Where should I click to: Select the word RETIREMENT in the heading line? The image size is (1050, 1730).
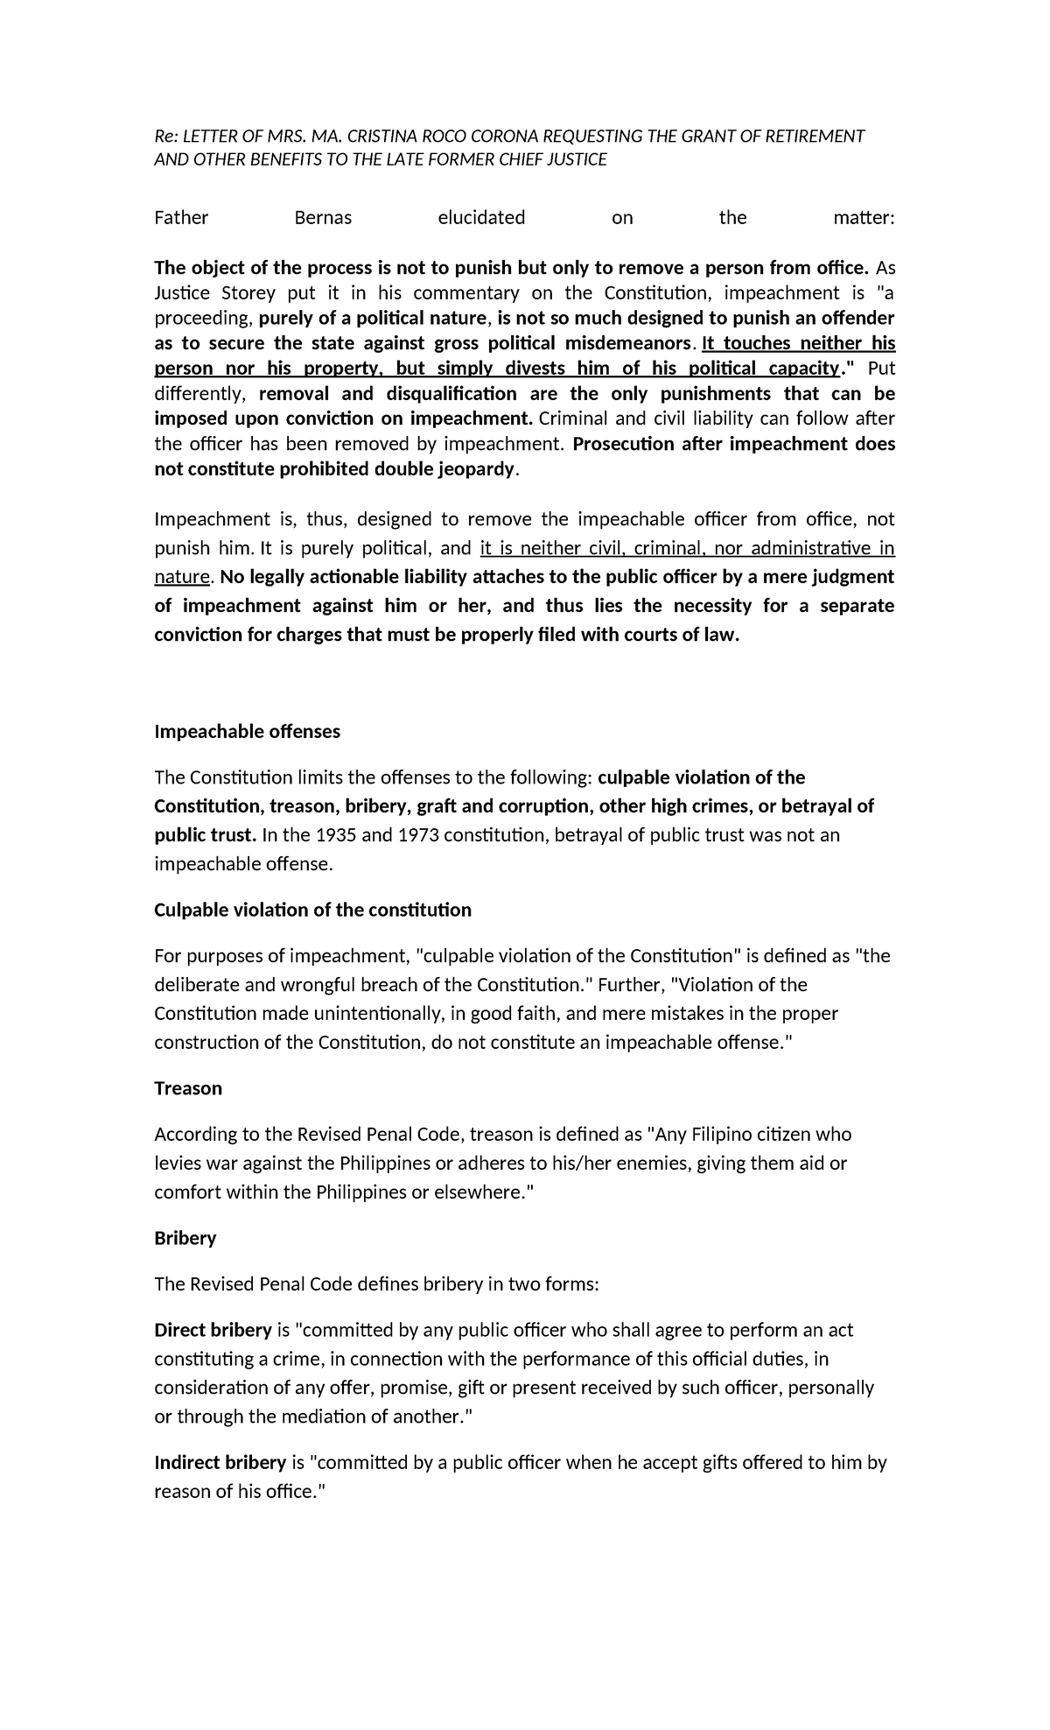[x=812, y=136]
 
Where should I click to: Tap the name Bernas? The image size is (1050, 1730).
[x=323, y=218]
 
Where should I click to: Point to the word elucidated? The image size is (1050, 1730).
[x=481, y=218]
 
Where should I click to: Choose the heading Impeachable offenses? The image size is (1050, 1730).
[x=248, y=731]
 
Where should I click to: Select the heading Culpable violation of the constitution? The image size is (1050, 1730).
[x=312, y=910]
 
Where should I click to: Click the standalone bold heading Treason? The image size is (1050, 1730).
[x=188, y=1088]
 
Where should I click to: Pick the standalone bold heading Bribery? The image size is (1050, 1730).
[x=185, y=1238]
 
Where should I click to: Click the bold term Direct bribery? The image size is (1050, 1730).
[x=213, y=1330]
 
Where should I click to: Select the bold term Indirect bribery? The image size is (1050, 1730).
[x=220, y=1462]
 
